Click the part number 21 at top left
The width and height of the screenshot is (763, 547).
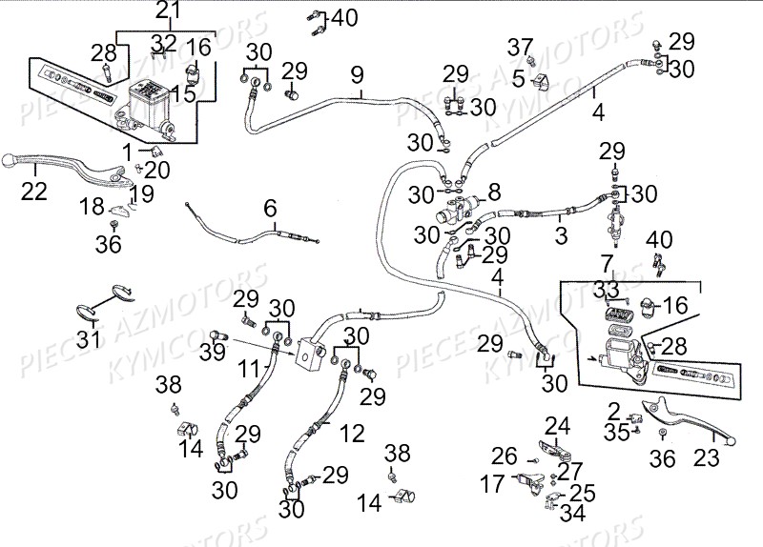(x=168, y=11)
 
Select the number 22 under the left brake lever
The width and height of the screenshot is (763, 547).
(x=33, y=192)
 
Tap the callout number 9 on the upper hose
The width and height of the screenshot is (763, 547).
(x=356, y=73)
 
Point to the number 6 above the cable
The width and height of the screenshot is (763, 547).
(x=270, y=208)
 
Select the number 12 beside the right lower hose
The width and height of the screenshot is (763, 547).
(x=352, y=435)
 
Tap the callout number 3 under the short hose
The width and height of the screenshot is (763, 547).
(x=562, y=233)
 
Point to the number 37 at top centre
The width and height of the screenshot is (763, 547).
(x=520, y=48)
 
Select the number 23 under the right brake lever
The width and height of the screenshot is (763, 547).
(x=706, y=457)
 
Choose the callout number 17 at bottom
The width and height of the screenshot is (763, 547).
(x=492, y=484)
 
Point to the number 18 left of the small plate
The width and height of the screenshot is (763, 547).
(x=92, y=207)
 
